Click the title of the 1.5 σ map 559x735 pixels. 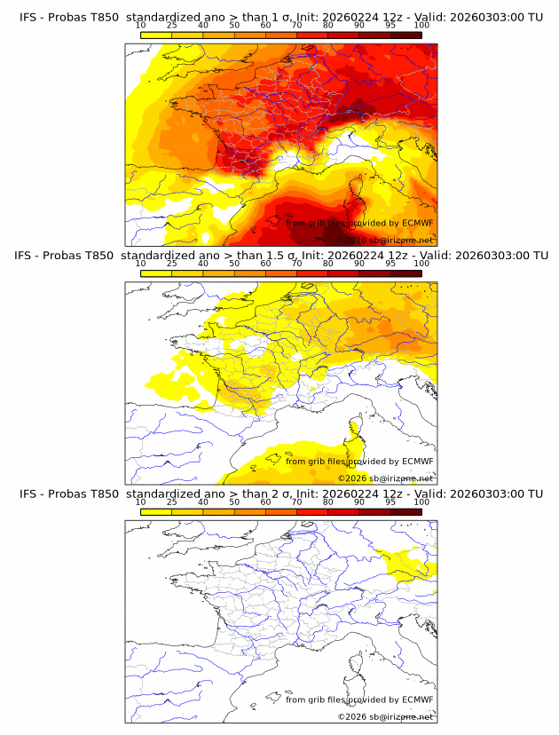pyautogui.click(x=281, y=256)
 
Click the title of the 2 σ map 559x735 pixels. pyautogui.click(x=281, y=494)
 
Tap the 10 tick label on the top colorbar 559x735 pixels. pyautogui.click(x=140, y=26)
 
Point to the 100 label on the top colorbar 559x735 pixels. pyautogui.click(x=421, y=26)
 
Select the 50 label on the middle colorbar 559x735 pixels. pyautogui.click(x=234, y=264)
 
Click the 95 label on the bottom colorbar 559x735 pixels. pyautogui.click(x=390, y=502)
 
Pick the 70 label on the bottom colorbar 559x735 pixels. pyautogui.click(x=296, y=502)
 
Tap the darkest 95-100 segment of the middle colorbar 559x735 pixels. pyautogui.click(x=405, y=273)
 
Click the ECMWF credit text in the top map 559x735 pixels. pyautogui.click(x=359, y=223)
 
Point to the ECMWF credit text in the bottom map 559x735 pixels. pyautogui.click(x=359, y=699)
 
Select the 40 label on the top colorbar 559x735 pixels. pyautogui.click(x=203, y=26)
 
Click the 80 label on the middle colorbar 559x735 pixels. pyautogui.click(x=328, y=264)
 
